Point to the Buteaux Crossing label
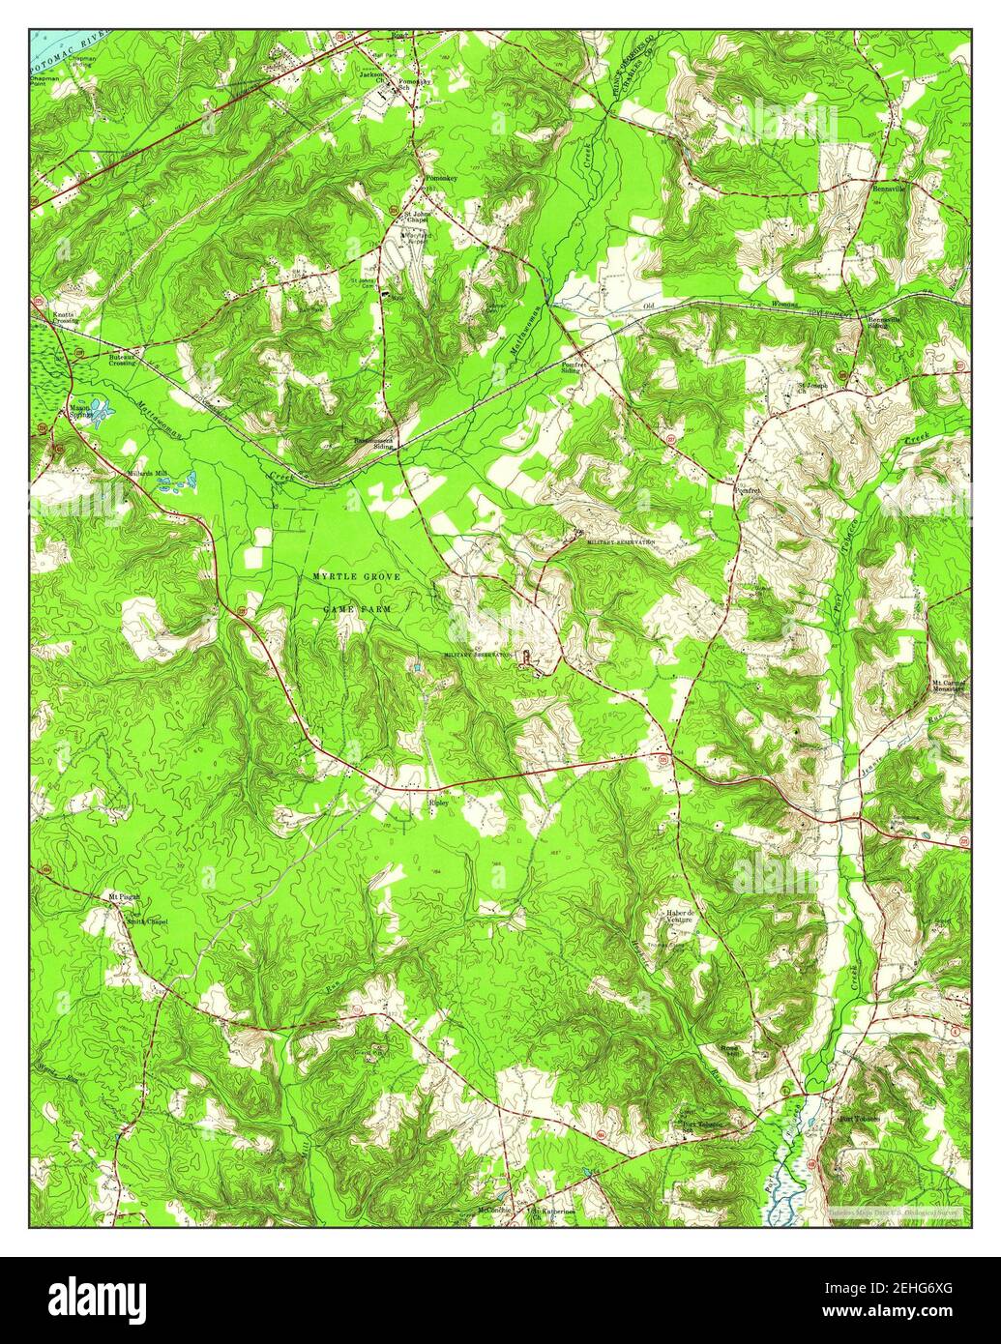[121, 359]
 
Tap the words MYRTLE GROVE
[356, 576]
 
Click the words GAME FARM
[356, 611]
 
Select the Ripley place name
[440, 802]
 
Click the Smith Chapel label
[147, 921]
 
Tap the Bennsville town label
[890, 190]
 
